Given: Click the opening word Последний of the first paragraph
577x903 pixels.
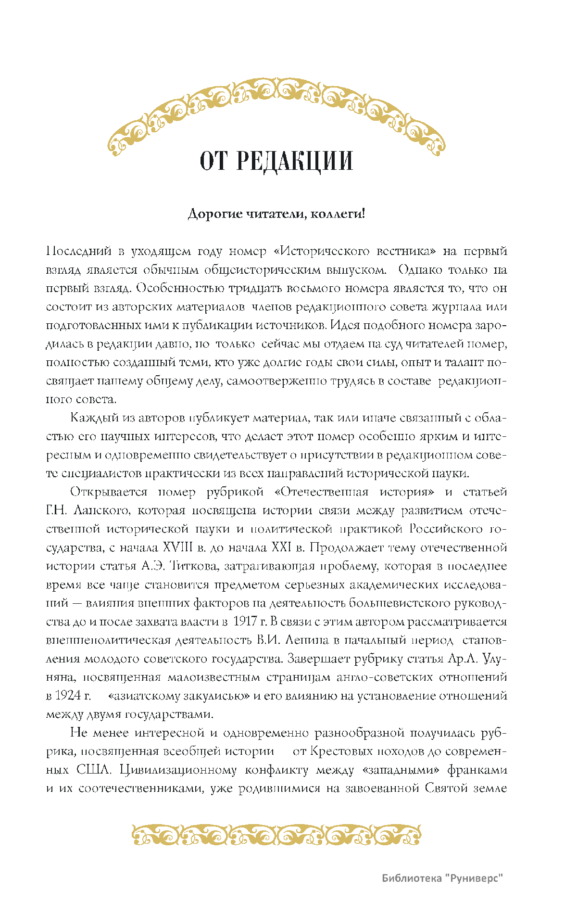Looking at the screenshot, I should (78, 251).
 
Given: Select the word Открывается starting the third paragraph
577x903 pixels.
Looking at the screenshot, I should (109, 492).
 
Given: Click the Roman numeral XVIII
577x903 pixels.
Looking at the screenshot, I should (177, 547).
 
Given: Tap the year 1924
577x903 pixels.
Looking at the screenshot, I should (68, 696).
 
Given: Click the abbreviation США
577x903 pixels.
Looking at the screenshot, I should (94, 770).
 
